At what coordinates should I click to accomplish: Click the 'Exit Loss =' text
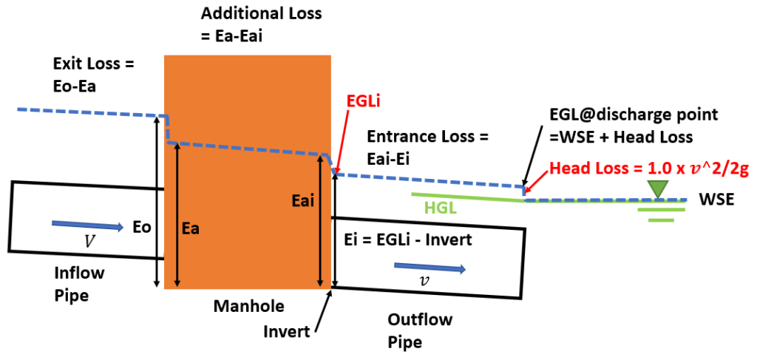[95, 64]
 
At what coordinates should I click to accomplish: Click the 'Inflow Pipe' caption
[80, 284]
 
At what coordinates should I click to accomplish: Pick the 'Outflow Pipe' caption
[420, 330]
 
